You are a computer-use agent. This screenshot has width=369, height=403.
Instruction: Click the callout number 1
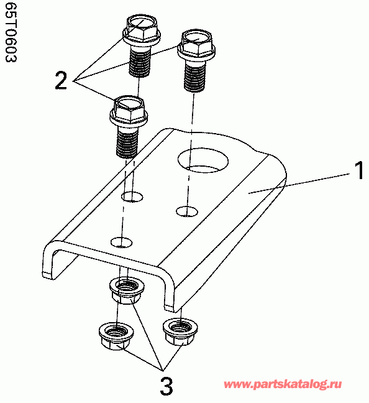359,170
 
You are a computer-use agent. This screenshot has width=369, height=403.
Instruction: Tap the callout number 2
61,80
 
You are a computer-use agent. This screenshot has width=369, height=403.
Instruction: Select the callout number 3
166,386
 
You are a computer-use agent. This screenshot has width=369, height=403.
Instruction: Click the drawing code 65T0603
11,32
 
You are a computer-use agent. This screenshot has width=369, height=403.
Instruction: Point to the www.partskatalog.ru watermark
283,384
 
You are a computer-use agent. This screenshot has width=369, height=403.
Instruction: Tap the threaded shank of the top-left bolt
139,62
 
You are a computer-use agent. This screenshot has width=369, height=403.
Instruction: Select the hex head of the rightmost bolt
196,44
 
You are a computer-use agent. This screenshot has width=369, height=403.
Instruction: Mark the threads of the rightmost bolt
195,77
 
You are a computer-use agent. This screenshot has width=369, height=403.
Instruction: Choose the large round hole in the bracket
203,160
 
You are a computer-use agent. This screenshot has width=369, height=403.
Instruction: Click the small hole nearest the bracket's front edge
122,243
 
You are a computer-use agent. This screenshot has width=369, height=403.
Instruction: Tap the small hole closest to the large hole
187,211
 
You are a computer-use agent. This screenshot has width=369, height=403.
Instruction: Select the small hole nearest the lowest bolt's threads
132,197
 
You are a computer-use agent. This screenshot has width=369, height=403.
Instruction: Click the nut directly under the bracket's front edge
126,292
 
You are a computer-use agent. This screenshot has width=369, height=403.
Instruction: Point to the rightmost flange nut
180,331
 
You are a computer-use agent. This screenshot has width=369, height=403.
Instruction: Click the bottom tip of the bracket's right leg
170,308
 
